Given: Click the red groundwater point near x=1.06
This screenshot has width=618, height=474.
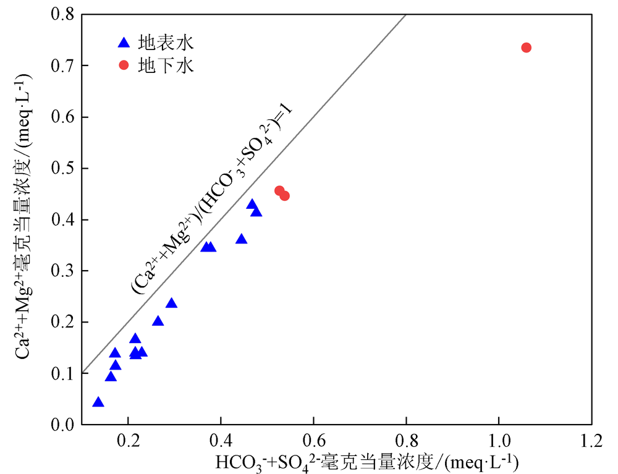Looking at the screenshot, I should pyautogui.click(x=527, y=48).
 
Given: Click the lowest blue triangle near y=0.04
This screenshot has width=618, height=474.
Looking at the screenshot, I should pyautogui.click(x=98, y=402).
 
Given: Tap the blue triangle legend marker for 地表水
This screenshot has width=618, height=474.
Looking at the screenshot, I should pyautogui.click(x=124, y=43).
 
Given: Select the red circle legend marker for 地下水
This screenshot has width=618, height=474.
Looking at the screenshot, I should pyautogui.click(x=124, y=66).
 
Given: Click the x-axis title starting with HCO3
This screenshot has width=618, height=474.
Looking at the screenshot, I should pyautogui.click(x=366, y=462).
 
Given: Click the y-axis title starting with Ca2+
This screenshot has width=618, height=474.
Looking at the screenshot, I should pyautogui.click(x=26, y=219).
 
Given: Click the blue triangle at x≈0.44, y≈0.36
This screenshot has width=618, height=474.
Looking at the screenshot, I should pyautogui.click(x=242, y=239).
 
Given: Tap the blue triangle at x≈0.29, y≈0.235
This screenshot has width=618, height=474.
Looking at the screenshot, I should pyautogui.click(x=172, y=303).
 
